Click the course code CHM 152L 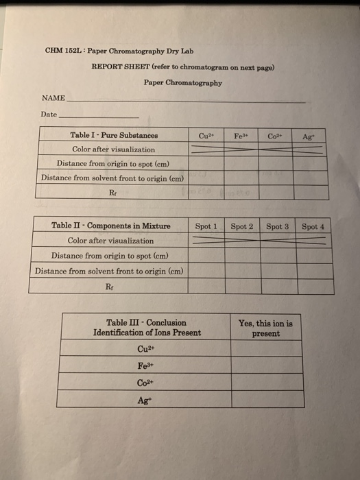62,51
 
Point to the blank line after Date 99,115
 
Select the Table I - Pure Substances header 114,135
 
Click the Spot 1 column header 206,226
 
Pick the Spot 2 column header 242,226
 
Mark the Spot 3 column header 278,226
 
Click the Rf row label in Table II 110,285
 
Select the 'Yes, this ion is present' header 265,328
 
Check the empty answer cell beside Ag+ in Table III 265,398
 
